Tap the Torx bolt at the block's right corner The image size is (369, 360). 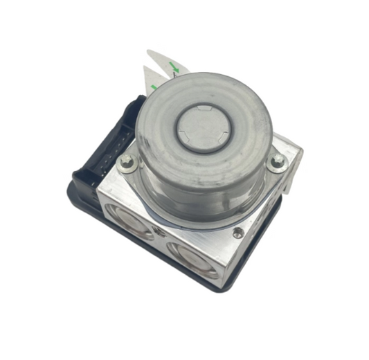(277, 161)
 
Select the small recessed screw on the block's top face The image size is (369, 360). (238, 233)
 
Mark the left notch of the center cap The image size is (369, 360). (178, 129)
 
